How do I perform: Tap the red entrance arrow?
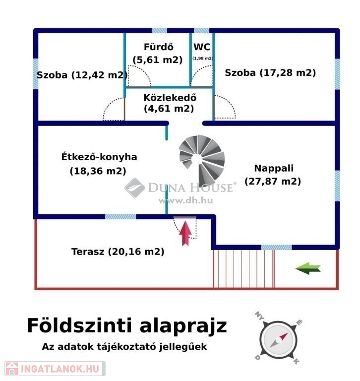[x=185, y=233]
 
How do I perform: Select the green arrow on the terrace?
[x=308, y=268]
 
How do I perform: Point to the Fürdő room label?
[x=158, y=48]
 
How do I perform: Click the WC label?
[x=202, y=48]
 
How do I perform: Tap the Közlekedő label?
[x=169, y=98]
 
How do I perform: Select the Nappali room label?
[x=270, y=168]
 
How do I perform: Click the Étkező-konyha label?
[x=99, y=157]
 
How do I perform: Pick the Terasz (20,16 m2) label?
[x=118, y=252]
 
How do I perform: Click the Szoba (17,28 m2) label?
[x=270, y=73]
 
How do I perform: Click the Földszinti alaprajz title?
[x=126, y=326]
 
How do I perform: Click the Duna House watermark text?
[x=189, y=188]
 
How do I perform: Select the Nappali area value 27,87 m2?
[x=273, y=182]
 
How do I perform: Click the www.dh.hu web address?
[x=185, y=200]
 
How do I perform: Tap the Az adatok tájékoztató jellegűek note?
[x=124, y=347]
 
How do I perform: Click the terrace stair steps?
[x=243, y=268]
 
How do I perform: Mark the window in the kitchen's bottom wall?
[x=120, y=217]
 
